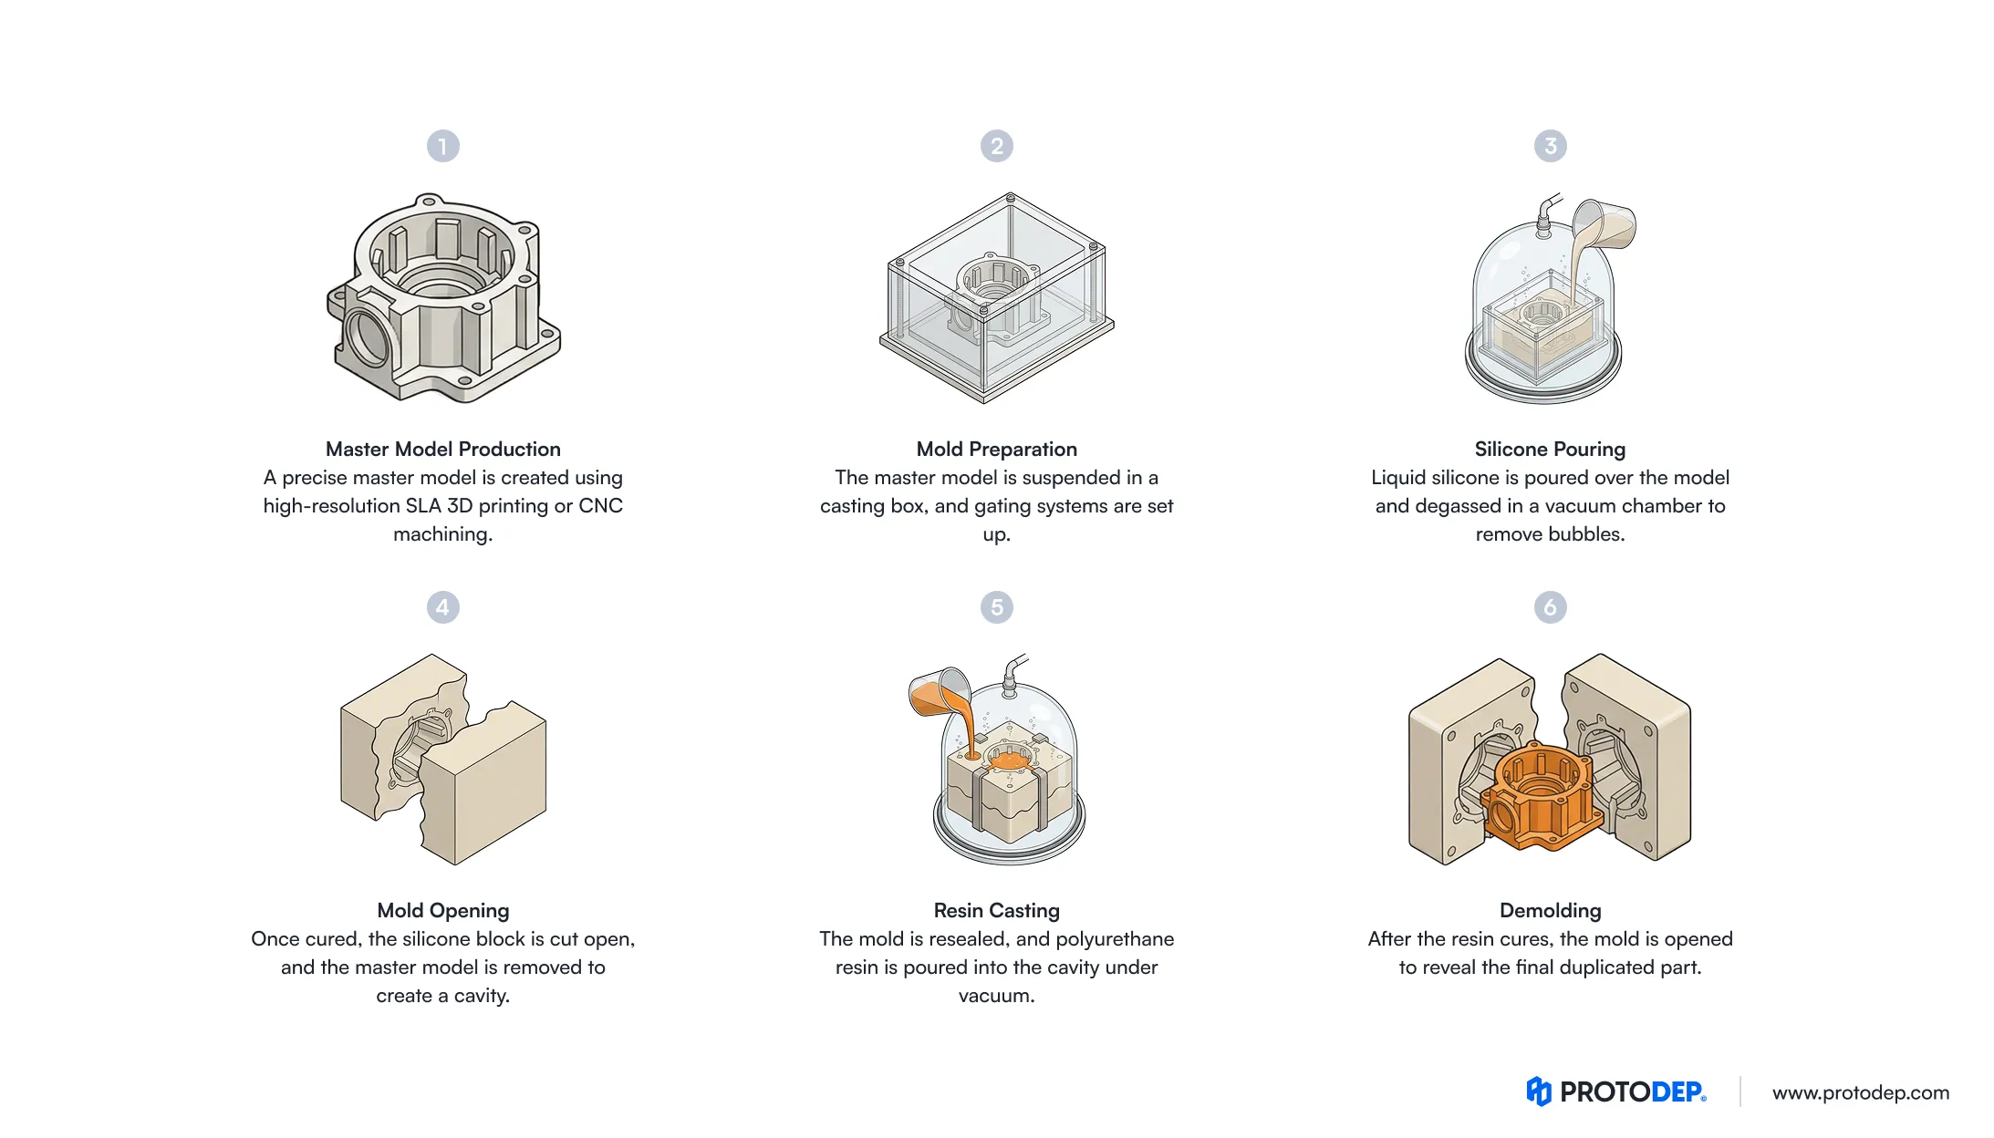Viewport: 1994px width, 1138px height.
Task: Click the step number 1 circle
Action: click(442, 146)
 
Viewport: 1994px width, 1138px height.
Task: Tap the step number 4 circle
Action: click(442, 607)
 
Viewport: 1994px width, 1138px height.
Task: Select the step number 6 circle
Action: click(1550, 607)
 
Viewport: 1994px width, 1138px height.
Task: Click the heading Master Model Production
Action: click(442, 449)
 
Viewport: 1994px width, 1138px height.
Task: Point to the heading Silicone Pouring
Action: click(1550, 449)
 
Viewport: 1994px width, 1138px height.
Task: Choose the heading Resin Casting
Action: click(996, 910)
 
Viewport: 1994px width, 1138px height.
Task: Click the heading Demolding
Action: click(1550, 910)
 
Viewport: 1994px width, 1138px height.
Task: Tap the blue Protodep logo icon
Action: click(1538, 1091)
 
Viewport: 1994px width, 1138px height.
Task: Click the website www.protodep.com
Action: click(1860, 1092)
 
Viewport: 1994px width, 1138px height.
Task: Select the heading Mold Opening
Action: click(442, 910)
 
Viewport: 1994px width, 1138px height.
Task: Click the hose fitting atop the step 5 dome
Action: click(1012, 674)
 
